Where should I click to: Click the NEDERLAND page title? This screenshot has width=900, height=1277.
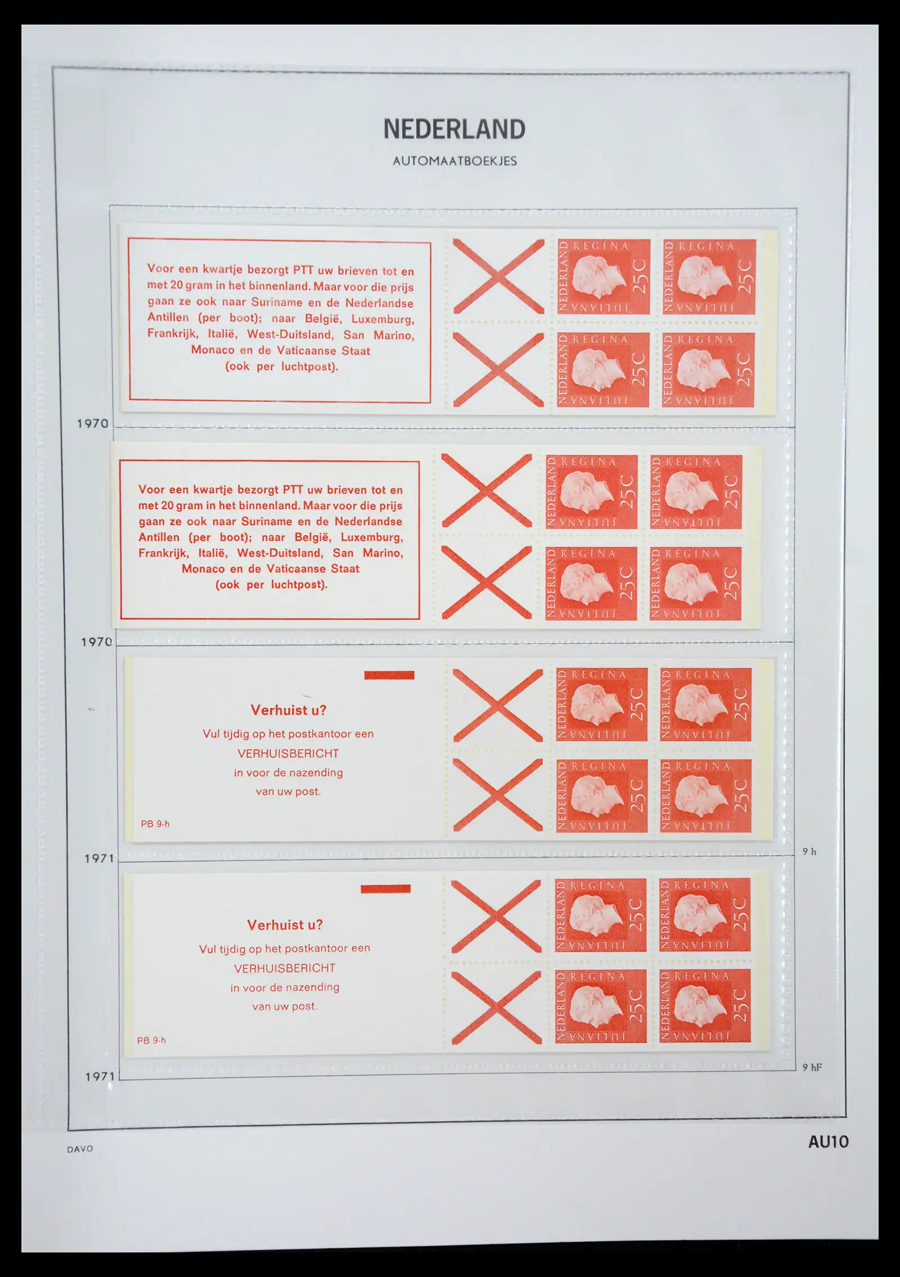tap(454, 129)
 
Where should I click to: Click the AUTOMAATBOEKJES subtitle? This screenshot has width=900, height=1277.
tap(454, 161)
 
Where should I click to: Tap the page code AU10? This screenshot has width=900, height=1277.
tap(828, 1142)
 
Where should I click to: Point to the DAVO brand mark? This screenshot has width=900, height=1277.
tap(80, 1149)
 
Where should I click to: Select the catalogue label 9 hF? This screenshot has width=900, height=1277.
tap(812, 1067)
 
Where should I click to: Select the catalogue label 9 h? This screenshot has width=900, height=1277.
tap(809, 852)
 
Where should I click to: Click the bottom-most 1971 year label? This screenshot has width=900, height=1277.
tap(100, 1077)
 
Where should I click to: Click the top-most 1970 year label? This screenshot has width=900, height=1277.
tap(93, 423)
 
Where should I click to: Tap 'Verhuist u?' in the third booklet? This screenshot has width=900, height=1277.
tap(289, 710)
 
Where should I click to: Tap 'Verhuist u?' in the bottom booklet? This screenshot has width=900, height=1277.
tap(285, 925)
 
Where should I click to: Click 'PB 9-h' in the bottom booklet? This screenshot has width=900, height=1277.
tap(151, 1041)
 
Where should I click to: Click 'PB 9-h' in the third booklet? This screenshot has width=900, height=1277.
tap(155, 824)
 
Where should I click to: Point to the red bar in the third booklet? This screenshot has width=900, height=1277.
tap(389, 675)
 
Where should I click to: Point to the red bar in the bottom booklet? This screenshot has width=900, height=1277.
tap(385, 889)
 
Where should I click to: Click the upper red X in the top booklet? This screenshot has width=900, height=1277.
tap(498, 276)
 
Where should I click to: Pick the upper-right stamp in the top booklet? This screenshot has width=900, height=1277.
tap(709, 276)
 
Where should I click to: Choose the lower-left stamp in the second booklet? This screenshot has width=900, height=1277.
tap(591, 583)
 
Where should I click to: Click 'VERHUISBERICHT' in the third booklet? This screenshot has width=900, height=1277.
tap(288, 754)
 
